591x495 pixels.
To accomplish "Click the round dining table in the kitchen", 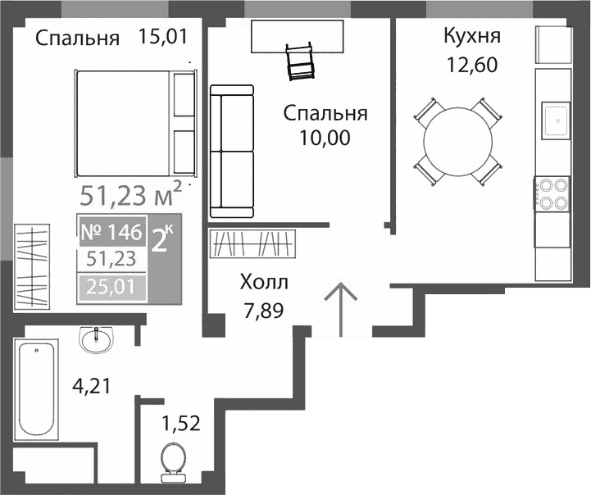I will tap(459, 139).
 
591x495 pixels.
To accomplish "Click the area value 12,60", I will tap(471, 65).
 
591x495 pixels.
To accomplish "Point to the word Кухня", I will tap(471, 37).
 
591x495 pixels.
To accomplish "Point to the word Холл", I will tap(263, 283).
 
